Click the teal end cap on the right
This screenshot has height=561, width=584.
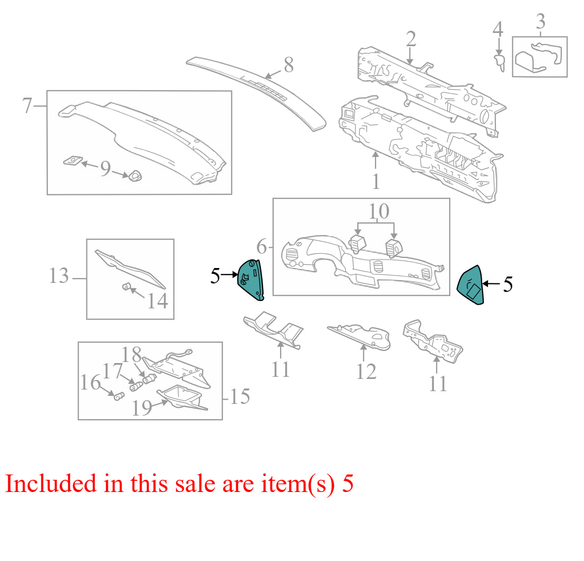pyautogui.click(x=471, y=285)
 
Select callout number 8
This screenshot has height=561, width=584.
pyautogui.click(x=289, y=65)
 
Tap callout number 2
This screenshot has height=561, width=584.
pyautogui.click(x=411, y=39)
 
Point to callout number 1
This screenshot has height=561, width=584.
pyautogui.click(x=376, y=182)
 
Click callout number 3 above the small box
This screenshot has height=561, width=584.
pyautogui.click(x=541, y=21)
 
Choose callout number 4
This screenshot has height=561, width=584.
pyautogui.click(x=498, y=29)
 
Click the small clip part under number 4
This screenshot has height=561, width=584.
pyautogui.click(x=499, y=63)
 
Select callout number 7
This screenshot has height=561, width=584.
pyautogui.click(x=27, y=106)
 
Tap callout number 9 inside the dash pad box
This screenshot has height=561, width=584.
pyautogui.click(x=106, y=168)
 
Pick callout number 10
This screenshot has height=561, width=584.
pyautogui.click(x=379, y=211)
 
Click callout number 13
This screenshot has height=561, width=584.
pyautogui.click(x=59, y=276)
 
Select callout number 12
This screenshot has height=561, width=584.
pyautogui.click(x=367, y=372)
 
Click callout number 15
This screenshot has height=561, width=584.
pyautogui.click(x=240, y=396)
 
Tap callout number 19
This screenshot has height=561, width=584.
pyautogui.click(x=142, y=408)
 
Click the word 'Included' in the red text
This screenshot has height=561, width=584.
pyautogui.click(x=51, y=484)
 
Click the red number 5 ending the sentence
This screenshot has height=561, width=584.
pyautogui.click(x=348, y=484)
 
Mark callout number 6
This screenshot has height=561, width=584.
pyautogui.click(x=262, y=247)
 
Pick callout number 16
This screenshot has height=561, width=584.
pyautogui.click(x=91, y=383)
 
